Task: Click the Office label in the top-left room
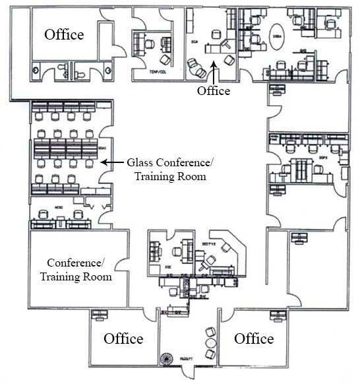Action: click(64, 34)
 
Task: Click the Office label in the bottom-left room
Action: click(123, 338)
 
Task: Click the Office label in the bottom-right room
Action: click(254, 338)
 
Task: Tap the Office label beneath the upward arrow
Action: click(214, 91)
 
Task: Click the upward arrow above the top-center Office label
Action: click(214, 71)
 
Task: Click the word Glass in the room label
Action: click(142, 162)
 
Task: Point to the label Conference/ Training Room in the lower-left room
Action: click(76, 269)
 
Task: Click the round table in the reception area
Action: click(210, 343)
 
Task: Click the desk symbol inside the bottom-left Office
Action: click(100, 313)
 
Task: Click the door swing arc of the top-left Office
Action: click(115, 43)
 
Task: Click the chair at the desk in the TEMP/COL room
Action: click(150, 44)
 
